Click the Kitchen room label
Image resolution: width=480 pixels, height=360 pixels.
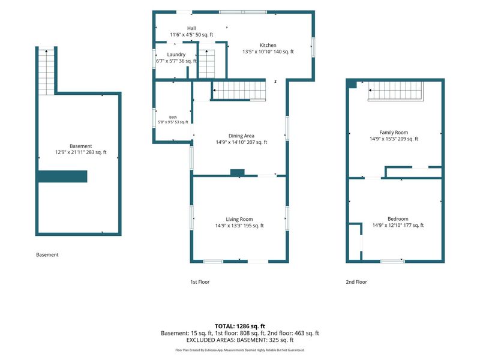point(268,46)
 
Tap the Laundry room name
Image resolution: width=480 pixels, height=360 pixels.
point(176,55)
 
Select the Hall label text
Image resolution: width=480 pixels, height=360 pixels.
point(191,28)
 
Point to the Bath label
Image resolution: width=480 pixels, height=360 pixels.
point(173,117)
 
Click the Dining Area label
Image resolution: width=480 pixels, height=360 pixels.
point(241,136)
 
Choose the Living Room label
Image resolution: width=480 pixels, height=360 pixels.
point(239,219)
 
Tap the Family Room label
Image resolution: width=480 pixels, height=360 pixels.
point(394,133)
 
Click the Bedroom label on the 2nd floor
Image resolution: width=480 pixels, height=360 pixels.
point(398,219)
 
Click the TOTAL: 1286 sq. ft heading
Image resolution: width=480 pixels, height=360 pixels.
point(240,326)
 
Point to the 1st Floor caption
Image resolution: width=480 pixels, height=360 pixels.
point(200,282)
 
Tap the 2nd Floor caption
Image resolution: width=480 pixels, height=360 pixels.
point(356,282)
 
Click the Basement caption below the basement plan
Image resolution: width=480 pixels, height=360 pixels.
point(47,254)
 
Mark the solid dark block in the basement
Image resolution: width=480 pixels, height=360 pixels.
point(62,176)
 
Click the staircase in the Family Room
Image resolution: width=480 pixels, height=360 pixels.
point(395,91)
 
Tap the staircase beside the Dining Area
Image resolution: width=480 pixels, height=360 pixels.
point(239,91)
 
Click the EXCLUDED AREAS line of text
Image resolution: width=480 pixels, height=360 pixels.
point(240,340)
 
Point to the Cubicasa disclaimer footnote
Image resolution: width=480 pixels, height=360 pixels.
point(240,350)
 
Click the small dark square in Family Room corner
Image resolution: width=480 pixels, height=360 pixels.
point(352,84)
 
